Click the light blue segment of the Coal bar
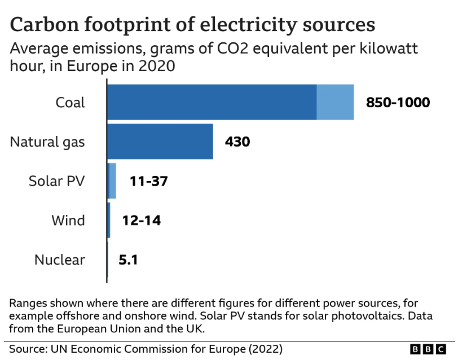[335, 102]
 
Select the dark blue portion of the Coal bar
[212, 102]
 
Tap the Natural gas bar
[160, 142]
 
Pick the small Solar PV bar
[112, 181]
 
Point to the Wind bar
[108, 220]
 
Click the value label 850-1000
[398, 103]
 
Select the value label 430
[237, 142]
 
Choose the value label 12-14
[141, 221]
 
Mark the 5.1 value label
[128, 260]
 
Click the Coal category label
[70, 103]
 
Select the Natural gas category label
[47, 142]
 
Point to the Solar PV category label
[56, 181]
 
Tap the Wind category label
[68, 221]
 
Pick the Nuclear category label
[60, 260]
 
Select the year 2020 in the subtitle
[154, 65]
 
